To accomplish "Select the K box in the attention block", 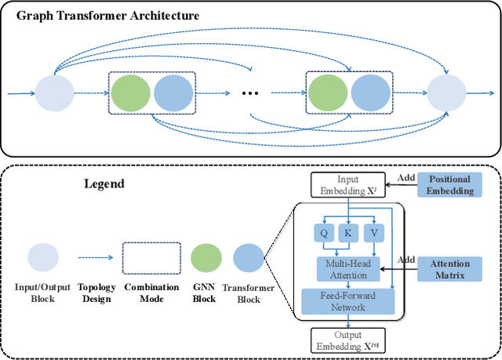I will pyautogui.click(x=347, y=233).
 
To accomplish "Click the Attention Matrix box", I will pyautogui.click(x=450, y=271).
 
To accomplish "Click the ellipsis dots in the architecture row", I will pyautogui.click(x=250, y=93).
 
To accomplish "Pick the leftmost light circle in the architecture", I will pyautogui.click(x=54, y=93).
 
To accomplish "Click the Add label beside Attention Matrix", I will pyautogui.click(x=406, y=260).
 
